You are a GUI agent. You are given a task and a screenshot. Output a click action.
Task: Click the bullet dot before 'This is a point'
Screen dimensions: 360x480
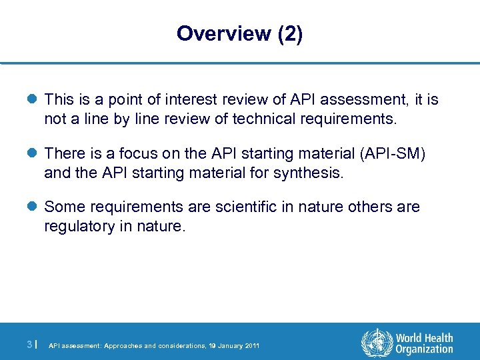(33, 100)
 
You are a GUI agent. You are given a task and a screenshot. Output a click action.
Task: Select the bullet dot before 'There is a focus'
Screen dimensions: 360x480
(33, 154)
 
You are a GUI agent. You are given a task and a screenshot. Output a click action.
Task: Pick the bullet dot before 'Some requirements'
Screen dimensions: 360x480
(33, 207)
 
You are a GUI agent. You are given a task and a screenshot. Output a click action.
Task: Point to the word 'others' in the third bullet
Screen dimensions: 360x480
(364, 207)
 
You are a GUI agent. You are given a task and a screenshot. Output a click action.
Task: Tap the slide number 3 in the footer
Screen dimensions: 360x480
(29, 345)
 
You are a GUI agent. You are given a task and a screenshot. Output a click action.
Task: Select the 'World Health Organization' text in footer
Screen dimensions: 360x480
(424, 344)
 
